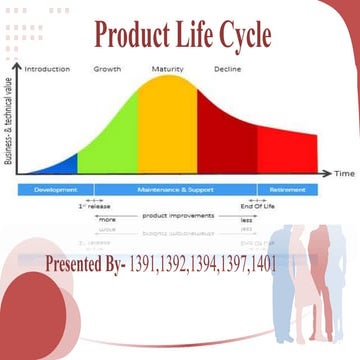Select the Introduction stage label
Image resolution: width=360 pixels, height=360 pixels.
[x=47, y=69]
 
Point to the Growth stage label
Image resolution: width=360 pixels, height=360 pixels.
[x=108, y=69]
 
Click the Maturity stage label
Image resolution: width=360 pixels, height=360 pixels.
[x=167, y=69]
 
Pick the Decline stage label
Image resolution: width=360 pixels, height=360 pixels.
[x=228, y=69]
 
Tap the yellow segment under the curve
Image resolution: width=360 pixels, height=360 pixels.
[x=167, y=130]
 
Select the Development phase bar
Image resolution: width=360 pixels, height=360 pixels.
[x=56, y=189]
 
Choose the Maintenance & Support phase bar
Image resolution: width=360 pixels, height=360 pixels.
[x=175, y=189]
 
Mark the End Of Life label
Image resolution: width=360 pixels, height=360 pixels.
[x=257, y=206]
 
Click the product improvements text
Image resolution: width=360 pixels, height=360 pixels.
[x=174, y=215]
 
